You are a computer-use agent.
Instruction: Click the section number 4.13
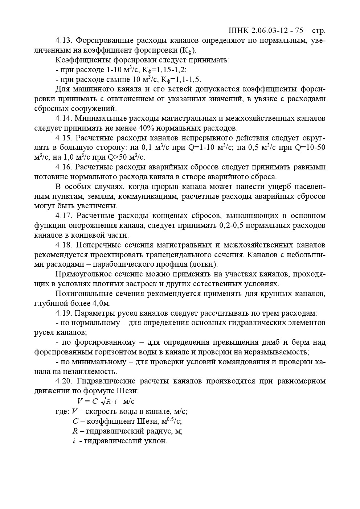click(64, 40)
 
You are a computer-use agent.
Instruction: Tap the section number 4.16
click(64, 167)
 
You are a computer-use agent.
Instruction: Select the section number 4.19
click(64, 313)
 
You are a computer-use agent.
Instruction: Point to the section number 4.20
click(64, 381)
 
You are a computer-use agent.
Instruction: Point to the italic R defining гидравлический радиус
click(75, 431)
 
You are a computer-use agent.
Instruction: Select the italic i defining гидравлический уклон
click(74, 441)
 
